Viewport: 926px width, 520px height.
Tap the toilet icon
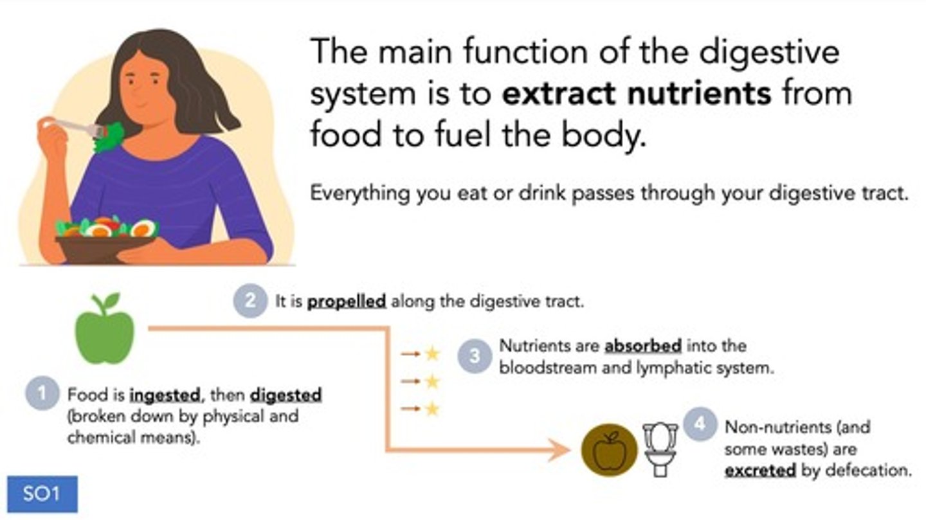click(661, 449)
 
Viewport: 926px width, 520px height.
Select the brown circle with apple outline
click(608, 449)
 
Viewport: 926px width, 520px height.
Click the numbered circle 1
click(42, 394)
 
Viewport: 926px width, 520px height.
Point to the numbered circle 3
click(475, 356)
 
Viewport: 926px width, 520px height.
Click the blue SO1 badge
click(42, 494)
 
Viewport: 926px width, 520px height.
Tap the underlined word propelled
click(347, 301)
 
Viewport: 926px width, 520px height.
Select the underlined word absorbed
click(643, 346)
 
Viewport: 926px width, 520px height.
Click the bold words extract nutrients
click(637, 93)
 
